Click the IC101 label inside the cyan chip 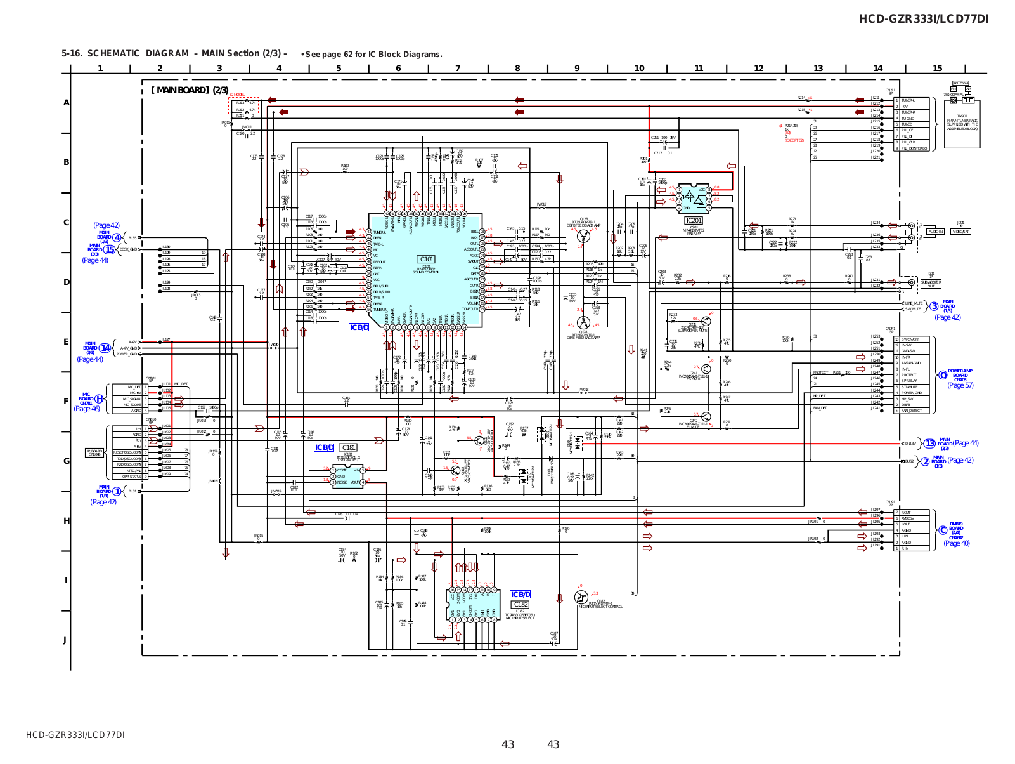coord(425,259)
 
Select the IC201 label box coord(694,220)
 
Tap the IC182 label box coord(520,604)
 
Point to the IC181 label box coord(348,447)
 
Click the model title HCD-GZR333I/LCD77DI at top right coord(923,19)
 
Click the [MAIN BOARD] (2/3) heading coord(190,90)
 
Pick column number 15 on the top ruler coord(937,69)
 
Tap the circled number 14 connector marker coord(105,348)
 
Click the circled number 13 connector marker coord(929,444)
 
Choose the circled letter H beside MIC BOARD coord(99,398)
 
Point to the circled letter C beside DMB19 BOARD coord(943,530)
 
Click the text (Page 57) coord(960,385)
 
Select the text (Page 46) coord(87,409)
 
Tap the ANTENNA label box coord(960,84)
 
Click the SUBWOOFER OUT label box coord(931,284)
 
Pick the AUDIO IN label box coord(935,232)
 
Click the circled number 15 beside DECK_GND coord(110,249)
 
